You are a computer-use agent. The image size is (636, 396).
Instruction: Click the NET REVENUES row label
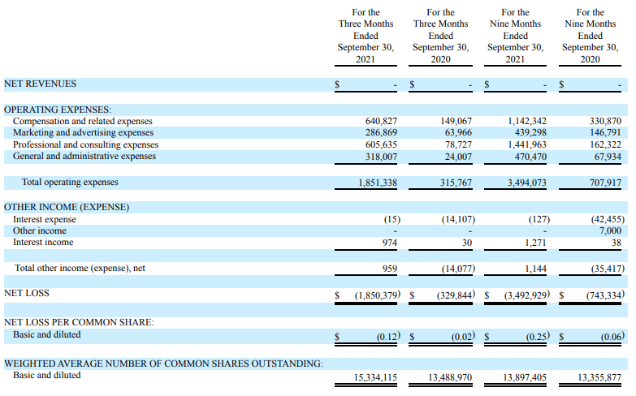[40, 84]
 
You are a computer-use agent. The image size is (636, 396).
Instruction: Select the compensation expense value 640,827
[381, 121]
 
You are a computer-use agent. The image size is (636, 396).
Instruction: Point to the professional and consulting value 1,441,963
[527, 144]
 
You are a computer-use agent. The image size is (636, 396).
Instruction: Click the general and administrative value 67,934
[608, 157]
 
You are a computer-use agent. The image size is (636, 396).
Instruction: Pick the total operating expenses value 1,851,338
[378, 183]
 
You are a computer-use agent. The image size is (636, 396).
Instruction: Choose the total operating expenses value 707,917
[605, 183]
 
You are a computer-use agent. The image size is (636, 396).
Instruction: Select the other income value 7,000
[610, 230]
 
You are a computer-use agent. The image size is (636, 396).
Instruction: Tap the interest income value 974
[389, 243]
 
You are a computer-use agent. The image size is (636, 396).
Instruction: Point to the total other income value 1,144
[535, 269]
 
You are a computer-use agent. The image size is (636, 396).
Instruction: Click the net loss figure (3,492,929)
[527, 295]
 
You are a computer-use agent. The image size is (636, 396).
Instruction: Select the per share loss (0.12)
[388, 337]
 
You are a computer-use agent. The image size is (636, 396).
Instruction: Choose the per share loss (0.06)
[612, 337]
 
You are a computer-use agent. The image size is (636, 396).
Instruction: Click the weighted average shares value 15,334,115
[375, 378]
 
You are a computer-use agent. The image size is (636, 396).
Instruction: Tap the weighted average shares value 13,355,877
[599, 378]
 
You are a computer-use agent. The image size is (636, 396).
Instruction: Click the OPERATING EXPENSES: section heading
[58, 110]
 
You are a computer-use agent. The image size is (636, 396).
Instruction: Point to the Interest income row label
[43, 243]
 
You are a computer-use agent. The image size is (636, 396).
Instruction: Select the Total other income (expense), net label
[80, 269]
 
